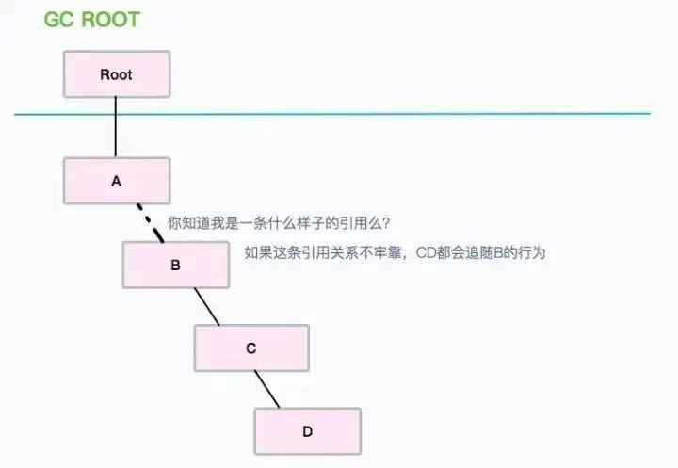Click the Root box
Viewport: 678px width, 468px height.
[x=117, y=73]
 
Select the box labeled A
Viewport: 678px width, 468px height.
[x=117, y=181]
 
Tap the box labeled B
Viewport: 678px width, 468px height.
[x=175, y=265]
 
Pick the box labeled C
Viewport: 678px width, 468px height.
[x=251, y=347]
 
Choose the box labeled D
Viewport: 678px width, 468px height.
[x=307, y=431]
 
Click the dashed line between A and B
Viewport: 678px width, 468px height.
[x=150, y=222]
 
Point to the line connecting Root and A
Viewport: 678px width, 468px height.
[x=116, y=127]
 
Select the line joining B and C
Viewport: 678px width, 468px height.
[x=206, y=306]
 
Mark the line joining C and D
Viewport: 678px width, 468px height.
[x=266, y=389]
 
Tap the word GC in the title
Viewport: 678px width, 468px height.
[x=59, y=19]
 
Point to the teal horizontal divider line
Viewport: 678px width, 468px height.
[x=377, y=114]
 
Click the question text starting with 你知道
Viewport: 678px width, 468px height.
[x=279, y=224]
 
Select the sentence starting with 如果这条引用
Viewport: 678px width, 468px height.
[x=395, y=252]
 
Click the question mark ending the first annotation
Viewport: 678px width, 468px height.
[x=387, y=224]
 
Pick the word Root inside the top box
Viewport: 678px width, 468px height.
[x=117, y=73]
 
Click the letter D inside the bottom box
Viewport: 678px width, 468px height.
[x=307, y=431]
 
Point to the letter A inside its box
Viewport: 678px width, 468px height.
[x=117, y=181]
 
